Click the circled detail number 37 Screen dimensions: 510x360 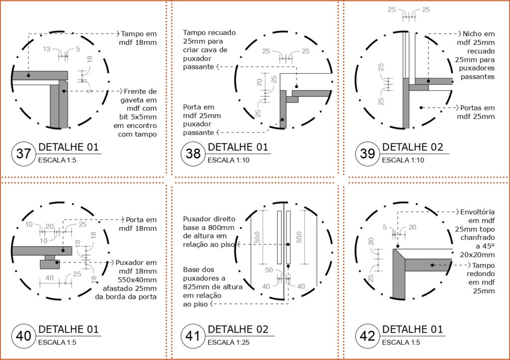(x=23, y=154)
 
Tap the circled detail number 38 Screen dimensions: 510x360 (x=193, y=154)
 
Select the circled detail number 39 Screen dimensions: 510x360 (x=368, y=154)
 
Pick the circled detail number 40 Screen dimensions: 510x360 (x=23, y=336)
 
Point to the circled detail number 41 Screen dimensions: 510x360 (x=193, y=336)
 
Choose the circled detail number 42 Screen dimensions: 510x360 (x=368, y=336)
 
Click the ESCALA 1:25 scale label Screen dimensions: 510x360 (x=228, y=343)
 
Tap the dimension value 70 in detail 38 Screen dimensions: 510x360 (x=259, y=82)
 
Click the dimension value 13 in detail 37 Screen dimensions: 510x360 (x=47, y=49)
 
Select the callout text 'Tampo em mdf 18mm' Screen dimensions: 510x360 (x=138, y=38)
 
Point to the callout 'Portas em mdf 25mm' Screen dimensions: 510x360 (x=476, y=112)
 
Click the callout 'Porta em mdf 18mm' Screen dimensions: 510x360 (x=138, y=224)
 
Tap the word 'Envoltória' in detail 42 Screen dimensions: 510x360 (x=478, y=212)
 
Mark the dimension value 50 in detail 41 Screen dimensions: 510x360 (x=269, y=270)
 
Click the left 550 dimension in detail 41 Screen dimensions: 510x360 (x=257, y=238)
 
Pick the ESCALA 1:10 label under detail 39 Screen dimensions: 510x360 (x=403, y=160)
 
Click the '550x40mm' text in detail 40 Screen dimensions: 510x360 (x=141, y=280)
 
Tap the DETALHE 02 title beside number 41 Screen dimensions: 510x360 (x=238, y=330)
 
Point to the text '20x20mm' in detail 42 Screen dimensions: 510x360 (x=478, y=254)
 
